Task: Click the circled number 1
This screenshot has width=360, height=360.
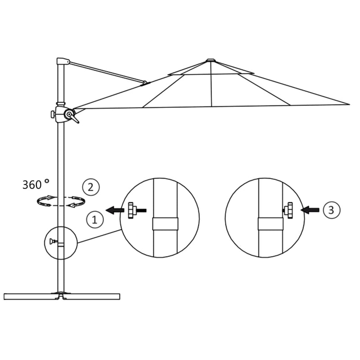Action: pyautogui.click(x=94, y=220)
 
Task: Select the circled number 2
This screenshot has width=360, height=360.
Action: pyautogui.click(x=90, y=186)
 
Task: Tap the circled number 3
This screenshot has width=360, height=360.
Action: pyautogui.click(x=331, y=209)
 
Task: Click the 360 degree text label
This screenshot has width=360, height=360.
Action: pyautogui.click(x=36, y=184)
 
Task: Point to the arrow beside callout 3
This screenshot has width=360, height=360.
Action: pyautogui.click(x=310, y=210)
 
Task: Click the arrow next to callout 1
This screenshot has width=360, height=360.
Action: pyautogui.click(x=115, y=210)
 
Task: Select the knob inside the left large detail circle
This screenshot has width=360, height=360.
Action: pyautogui.click(x=133, y=210)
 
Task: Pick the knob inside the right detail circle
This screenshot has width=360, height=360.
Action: pyautogui.click(x=288, y=210)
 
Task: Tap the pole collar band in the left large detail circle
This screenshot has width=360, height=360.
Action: pyautogui.click(x=165, y=224)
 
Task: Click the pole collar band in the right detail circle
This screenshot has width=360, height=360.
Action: pyautogui.click(x=270, y=224)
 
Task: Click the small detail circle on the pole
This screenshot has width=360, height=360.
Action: pyautogui.click(x=61, y=243)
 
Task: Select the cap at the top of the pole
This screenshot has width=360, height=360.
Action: pyautogui.click(x=63, y=61)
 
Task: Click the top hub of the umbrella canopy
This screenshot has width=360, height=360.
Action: pyautogui.click(x=211, y=60)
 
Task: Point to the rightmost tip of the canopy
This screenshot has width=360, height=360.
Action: pyautogui.click(x=349, y=104)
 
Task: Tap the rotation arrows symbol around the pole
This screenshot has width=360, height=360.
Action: pyautogui.click(x=61, y=201)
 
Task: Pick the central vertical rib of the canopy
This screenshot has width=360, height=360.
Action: pyautogui.click(x=211, y=85)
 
